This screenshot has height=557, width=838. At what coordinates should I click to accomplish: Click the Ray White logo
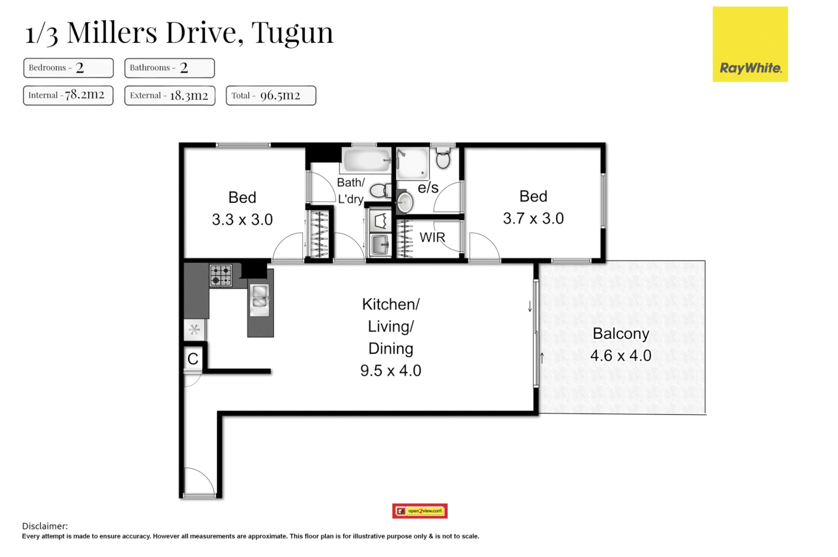(x=750, y=44)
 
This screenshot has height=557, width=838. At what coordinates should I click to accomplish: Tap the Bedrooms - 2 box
(x=68, y=68)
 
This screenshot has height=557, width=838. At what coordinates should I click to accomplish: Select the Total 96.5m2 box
(x=271, y=95)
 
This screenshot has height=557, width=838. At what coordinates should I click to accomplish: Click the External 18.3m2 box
(x=170, y=95)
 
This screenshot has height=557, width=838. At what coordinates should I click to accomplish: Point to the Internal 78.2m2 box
(x=68, y=95)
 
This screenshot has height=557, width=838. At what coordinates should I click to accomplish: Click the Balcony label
(x=621, y=334)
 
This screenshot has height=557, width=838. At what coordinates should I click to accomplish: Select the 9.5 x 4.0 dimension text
(x=391, y=370)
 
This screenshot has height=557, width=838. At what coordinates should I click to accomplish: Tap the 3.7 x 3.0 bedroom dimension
(x=533, y=218)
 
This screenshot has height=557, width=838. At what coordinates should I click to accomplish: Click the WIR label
(x=432, y=238)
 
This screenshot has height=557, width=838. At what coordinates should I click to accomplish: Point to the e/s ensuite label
(x=428, y=188)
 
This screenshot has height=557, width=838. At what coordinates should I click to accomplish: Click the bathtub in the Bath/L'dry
(x=366, y=160)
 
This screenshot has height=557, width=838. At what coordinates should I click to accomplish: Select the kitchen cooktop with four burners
(x=221, y=275)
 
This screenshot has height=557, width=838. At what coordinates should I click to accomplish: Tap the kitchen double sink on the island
(x=259, y=300)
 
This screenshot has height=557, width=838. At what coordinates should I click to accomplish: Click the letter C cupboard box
(x=193, y=358)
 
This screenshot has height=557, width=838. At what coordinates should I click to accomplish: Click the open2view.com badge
(x=420, y=511)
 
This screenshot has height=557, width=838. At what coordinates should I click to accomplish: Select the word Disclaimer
(x=45, y=526)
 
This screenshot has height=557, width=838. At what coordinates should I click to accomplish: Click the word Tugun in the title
(x=292, y=32)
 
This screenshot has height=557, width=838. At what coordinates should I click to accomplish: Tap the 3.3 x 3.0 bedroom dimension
(x=242, y=219)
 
